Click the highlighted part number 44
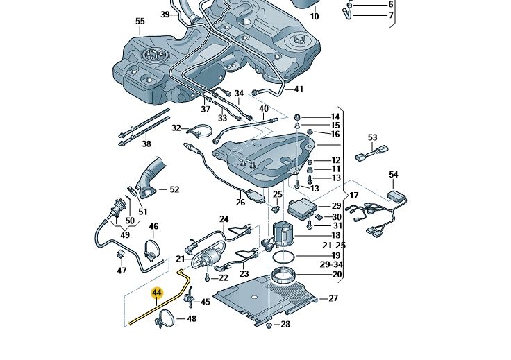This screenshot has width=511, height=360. coord(156,293)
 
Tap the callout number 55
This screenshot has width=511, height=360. coord(140,22)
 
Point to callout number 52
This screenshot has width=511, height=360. coord(174,189)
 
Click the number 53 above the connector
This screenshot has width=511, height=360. coord(372,138)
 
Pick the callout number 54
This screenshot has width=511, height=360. coord(394,175)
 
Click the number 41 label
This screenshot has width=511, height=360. coord(299,89)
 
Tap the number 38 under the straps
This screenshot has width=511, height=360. coord(146,144)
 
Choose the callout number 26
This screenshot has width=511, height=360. coord(240,203)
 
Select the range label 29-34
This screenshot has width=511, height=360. coord(333,265)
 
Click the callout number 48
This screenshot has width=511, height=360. coord(192,319)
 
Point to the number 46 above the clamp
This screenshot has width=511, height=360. coord(153,226)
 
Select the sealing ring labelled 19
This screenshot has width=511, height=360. coord(283,257)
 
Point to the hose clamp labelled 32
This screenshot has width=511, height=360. coord(201,130)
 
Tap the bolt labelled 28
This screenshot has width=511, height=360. coord(269,325)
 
